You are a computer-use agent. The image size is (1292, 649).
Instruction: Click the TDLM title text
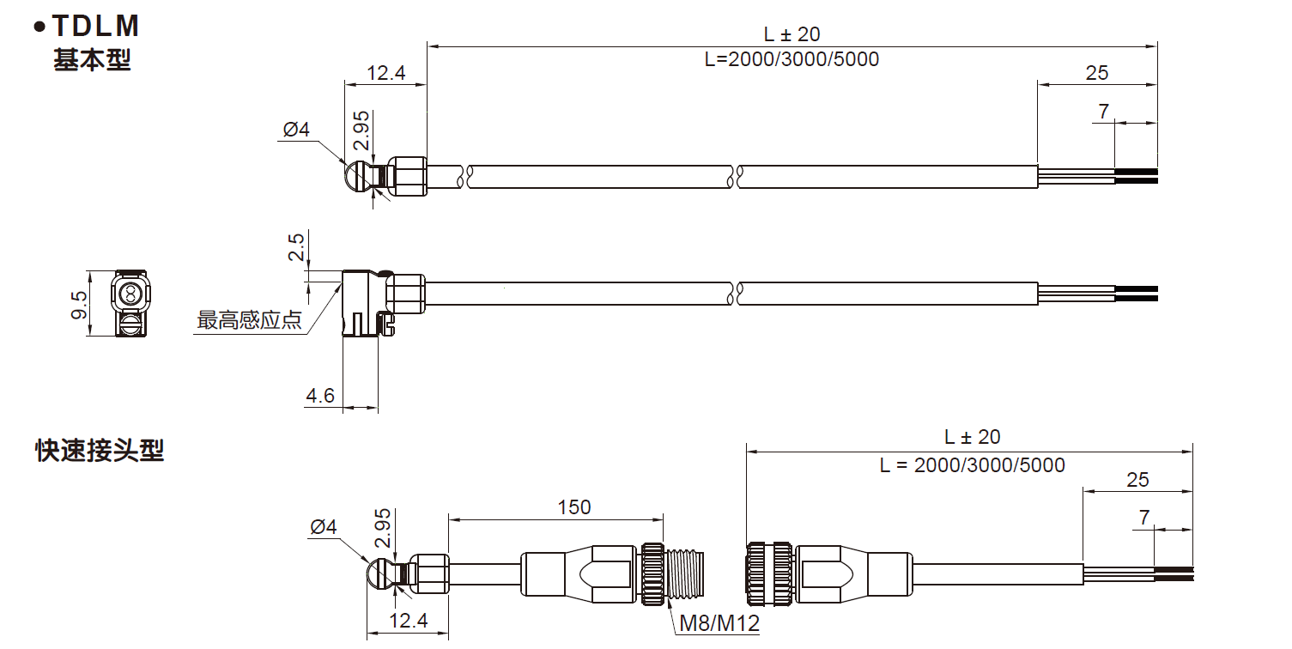(95, 26)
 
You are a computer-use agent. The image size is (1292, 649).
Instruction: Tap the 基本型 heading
(93, 60)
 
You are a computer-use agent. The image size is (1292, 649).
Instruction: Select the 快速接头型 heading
(100, 451)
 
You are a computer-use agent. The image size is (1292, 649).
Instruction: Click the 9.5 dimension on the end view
(79, 305)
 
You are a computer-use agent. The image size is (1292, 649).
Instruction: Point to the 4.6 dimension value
(320, 396)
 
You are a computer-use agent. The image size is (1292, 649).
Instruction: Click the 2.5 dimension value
(296, 247)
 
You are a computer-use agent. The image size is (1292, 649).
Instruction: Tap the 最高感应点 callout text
(249, 320)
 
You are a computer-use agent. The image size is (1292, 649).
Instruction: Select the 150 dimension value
(574, 507)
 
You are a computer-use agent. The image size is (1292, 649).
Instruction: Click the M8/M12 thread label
(719, 623)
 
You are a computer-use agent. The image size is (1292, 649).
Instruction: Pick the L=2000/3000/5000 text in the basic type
(792, 59)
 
